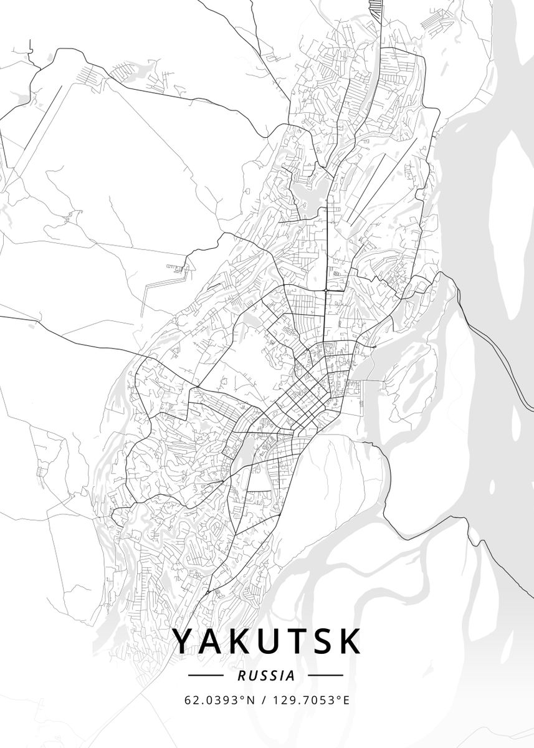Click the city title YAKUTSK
[x=266, y=641]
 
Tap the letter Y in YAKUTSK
[x=184, y=641]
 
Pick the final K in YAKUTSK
[x=350, y=641]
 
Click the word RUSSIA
[x=266, y=675]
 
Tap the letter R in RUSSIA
[x=241, y=675]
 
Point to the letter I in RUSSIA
[x=284, y=675]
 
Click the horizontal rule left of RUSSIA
[x=205, y=675]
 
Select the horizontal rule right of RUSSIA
[x=326, y=675]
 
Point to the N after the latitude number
[x=252, y=700]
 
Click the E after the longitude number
[x=346, y=700]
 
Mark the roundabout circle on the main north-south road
[x=326, y=290]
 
